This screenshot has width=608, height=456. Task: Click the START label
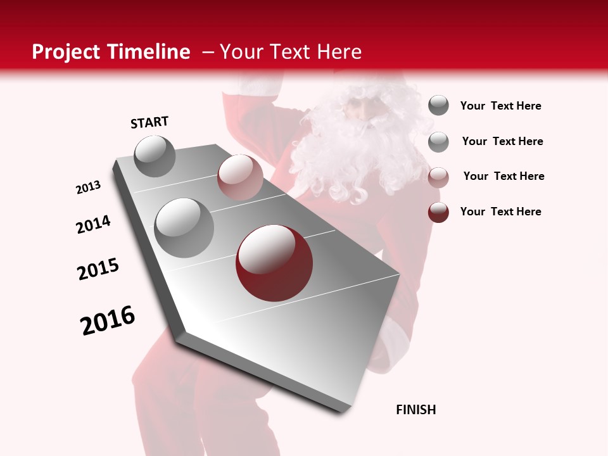(149, 122)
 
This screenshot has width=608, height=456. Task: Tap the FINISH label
(415, 410)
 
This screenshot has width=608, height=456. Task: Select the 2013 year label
(89, 187)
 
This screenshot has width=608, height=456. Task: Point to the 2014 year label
(93, 225)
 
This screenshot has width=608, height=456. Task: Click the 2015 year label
(98, 269)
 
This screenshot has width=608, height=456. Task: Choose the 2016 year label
(108, 320)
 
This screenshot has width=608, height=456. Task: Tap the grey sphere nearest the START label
(155, 156)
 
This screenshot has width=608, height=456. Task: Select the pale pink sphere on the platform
(240, 177)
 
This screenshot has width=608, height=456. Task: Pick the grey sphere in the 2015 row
(184, 228)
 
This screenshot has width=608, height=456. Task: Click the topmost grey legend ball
(438, 106)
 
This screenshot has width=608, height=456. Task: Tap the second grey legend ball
(438, 142)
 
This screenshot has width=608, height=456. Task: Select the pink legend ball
(438, 177)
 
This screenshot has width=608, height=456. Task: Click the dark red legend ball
(438, 212)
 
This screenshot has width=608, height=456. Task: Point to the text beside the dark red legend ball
(500, 212)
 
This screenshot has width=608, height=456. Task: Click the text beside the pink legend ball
(503, 176)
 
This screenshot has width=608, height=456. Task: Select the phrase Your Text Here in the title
(291, 52)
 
